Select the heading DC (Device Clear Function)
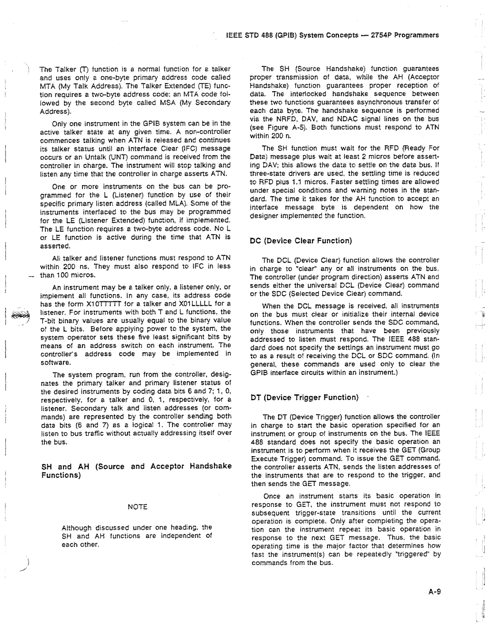301,241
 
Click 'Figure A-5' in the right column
279,128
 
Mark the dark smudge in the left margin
20,315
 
